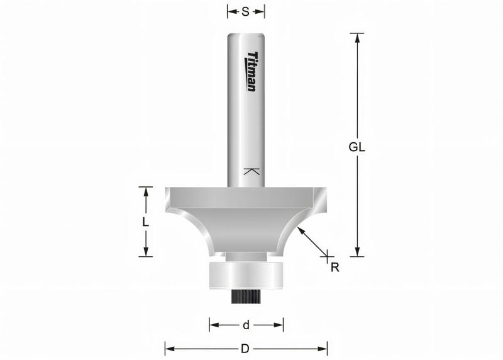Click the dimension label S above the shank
(x=246, y=11)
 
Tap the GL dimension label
(x=357, y=147)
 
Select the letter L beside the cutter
(x=145, y=222)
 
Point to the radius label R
(x=334, y=267)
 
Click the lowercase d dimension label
(x=246, y=325)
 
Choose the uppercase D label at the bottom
(x=246, y=348)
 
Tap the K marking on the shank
(x=251, y=171)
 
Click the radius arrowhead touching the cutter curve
(x=301, y=230)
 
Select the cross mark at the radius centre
(x=327, y=256)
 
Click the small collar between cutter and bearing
(x=246, y=256)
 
